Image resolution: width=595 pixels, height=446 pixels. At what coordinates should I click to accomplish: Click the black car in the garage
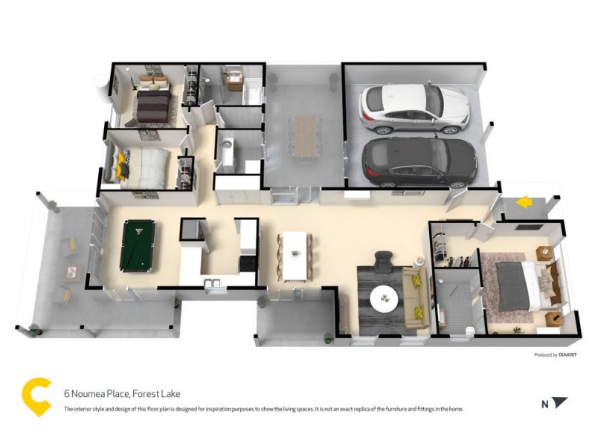(x=419, y=161)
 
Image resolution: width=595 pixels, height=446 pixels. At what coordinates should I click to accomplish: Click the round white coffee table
(x=385, y=297)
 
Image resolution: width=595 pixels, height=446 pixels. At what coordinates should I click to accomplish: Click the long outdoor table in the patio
(x=306, y=135)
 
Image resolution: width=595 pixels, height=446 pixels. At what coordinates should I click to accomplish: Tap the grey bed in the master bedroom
(x=515, y=285)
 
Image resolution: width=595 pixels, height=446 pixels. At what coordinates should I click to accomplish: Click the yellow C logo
(x=36, y=397)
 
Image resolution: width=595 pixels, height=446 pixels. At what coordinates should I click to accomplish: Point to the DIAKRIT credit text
(x=556, y=355)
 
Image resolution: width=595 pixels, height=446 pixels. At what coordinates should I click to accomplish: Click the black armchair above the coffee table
(x=382, y=262)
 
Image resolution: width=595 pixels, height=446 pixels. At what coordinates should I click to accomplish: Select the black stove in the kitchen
(x=246, y=262)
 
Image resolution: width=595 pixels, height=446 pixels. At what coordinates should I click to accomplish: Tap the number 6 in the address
(x=67, y=394)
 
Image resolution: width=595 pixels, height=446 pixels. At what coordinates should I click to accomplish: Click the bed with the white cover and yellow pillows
(x=149, y=165)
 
